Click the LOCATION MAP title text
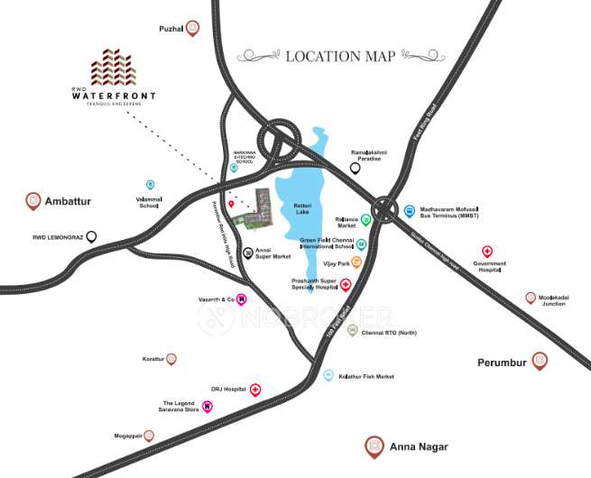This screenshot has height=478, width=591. (340, 56)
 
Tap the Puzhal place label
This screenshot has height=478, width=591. (171, 29)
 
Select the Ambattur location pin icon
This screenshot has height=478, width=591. (33, 200)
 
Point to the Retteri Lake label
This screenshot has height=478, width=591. (302, 209)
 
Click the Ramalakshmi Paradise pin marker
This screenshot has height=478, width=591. (356, 168)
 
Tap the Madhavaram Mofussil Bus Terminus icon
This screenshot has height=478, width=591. (410, 210)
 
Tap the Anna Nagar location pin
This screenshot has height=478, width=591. (374, 446)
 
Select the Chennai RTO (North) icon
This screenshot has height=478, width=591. (353, 331)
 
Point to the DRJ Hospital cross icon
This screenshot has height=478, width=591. (255, 390)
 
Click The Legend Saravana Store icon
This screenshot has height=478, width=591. (207, 407)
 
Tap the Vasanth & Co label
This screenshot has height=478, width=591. (216, 299)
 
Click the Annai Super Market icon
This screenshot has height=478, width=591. (248, 253)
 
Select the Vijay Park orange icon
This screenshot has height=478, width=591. (356, 262)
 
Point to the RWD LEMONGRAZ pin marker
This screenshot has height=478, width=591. (91, 237)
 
